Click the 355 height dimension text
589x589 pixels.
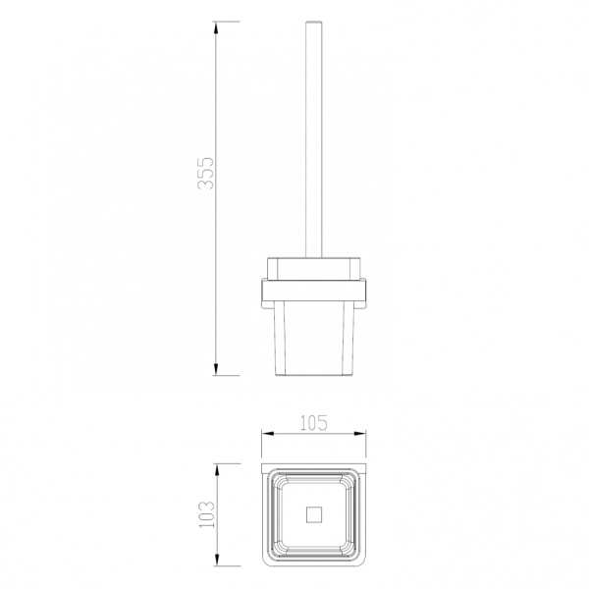(x=206, y=173)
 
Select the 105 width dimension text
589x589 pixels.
(x=314, y=423)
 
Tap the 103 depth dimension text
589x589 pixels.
(x=206, y=514)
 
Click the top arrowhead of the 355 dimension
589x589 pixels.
(x=216, y=27)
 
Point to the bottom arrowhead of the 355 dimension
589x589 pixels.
(x=216, y=369)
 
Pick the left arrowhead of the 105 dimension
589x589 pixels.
(x=267, y=434)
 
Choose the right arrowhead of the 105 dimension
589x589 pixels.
(x=360, y=434)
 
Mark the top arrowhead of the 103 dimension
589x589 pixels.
(x=217, y=469)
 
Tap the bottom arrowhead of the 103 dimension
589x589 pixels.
(x=217, y=560)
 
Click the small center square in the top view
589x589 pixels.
(x=314, y=514)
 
